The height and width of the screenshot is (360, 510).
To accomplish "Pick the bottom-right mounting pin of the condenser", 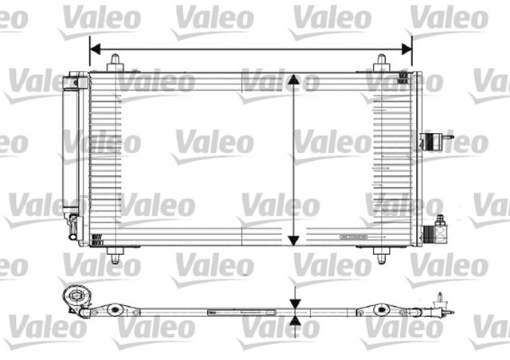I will pyautogui.click(x=382, y=254).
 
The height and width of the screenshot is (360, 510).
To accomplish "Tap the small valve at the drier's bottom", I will pyautogui.click(x=73, y=222).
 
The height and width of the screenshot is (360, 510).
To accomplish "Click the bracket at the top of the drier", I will pyautogui.click(x=78, y=80).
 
